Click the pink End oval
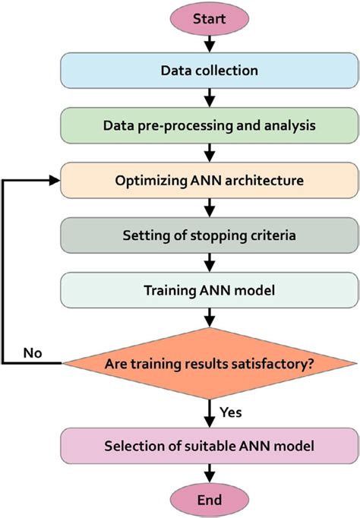point(209,499)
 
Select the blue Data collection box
point(209,71)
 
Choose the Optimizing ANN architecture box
point(209,181)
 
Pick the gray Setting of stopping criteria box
point(209,235)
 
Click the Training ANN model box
point(209,290)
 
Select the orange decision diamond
point(209,363)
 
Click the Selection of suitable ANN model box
point(209,443)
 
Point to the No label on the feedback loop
point(33,353)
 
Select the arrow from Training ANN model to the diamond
point(209,317)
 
